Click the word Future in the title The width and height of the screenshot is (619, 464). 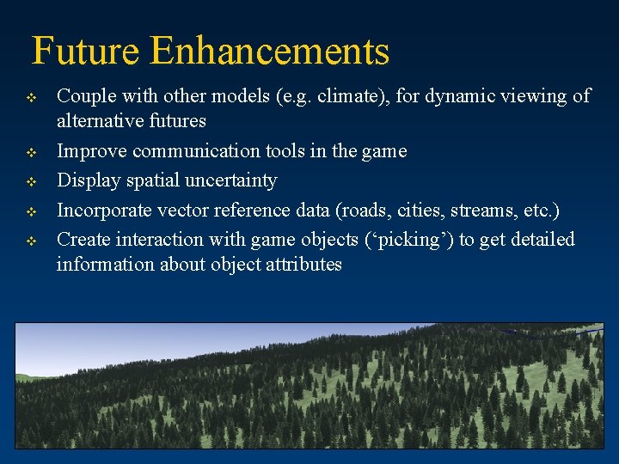(x=86, y=52)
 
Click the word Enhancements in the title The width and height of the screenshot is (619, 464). (x=269, y=52)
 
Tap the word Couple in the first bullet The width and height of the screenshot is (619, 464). (x=84, y=96)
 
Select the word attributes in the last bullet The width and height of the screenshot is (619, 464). (x=303, y=264)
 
